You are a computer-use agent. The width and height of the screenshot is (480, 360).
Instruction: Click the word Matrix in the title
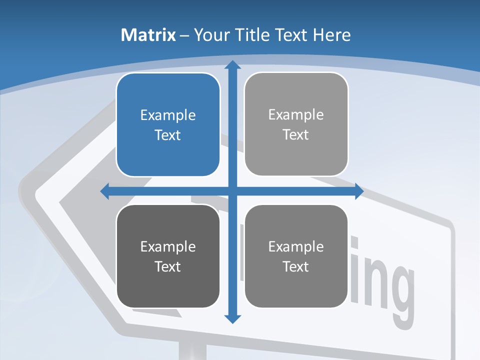click(148, 35)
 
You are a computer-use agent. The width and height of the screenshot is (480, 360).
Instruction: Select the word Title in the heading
click(251, 35)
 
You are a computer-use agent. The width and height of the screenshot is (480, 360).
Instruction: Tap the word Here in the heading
click(331, 35)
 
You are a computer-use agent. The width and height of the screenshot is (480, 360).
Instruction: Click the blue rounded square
click(168, 124)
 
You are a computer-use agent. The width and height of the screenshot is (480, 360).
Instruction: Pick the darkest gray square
click(168, 256)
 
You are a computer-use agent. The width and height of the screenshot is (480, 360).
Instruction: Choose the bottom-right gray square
click(296, 256)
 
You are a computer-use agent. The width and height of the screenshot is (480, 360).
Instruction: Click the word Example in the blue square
click(168, 115)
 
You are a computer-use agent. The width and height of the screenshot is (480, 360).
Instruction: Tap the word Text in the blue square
click(168, 135)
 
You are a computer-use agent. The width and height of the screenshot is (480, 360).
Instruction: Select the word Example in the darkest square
click(168, 247)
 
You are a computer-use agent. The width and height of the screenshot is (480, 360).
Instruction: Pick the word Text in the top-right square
click(296, 134)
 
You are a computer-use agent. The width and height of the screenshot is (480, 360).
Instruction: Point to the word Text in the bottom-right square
click(296, 266)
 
